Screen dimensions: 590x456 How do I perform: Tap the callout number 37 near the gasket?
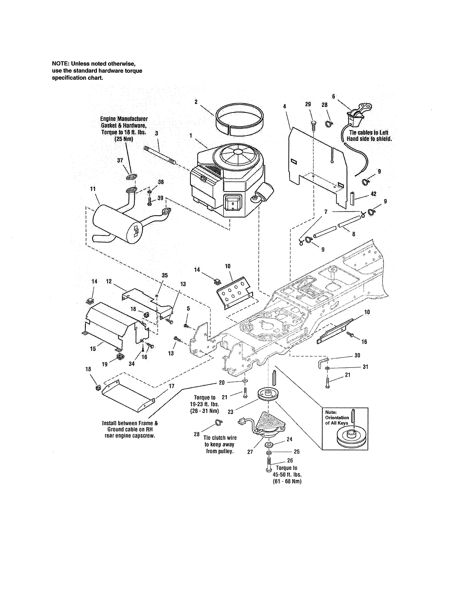(x=120, y=161)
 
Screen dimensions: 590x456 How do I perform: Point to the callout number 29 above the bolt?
(x=308, y=104)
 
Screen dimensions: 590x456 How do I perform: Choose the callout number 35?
(x=165, y=275)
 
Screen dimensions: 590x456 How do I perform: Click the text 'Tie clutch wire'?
(x=220, y=438)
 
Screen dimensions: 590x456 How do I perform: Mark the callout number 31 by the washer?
(x=365, y=367)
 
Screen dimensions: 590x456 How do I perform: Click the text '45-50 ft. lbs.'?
(x=287, y=475)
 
